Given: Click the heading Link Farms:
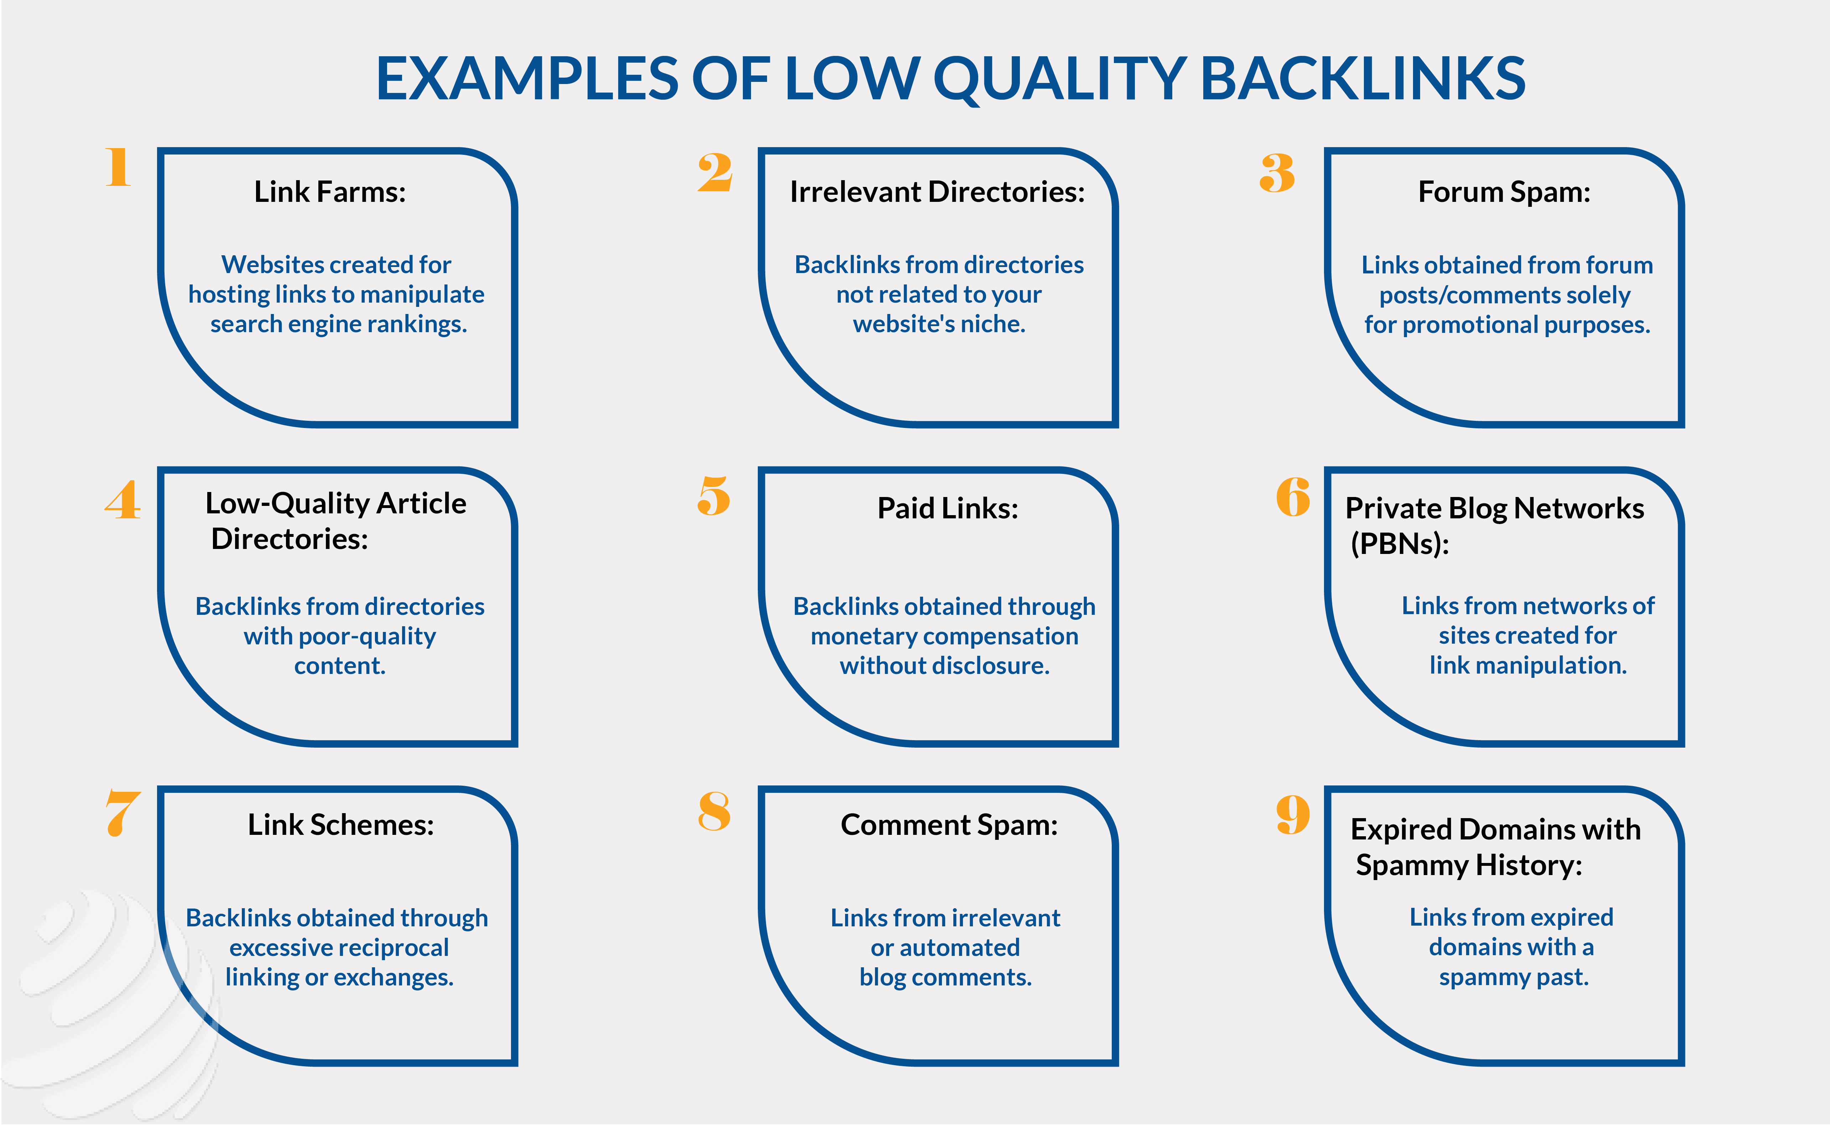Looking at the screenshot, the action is tap(330, 192).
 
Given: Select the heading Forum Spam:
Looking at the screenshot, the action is tap(1504, 192).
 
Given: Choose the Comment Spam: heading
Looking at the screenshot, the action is tap(949, 825).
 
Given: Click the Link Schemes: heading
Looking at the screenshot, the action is tap(341, 825).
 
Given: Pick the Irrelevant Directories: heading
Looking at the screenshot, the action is tap(937, 192).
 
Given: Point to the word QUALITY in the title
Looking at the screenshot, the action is tap(1060, 80).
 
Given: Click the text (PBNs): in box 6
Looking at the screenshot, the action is tap(1400, 544).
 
